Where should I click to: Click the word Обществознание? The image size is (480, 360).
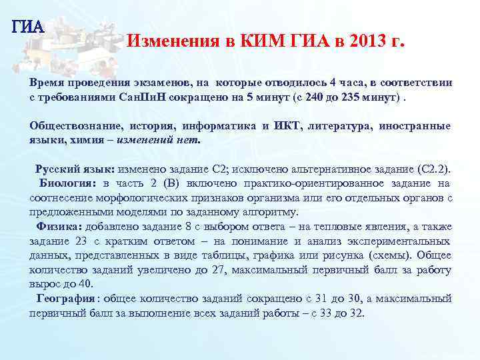click(x=71, y=126)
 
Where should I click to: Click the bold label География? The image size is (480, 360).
click(x=67, y=299)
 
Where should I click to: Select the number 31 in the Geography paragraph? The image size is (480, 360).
click(x=311, y=299)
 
